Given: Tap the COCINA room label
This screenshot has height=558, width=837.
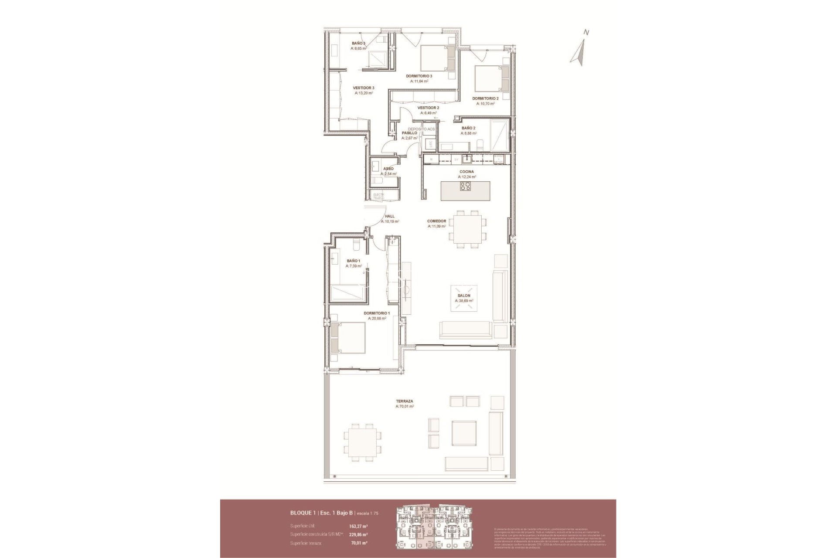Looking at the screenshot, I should pos(466,172).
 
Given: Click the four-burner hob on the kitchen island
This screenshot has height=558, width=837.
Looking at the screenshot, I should pos(465,187).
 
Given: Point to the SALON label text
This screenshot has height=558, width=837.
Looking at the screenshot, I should pos(464,296).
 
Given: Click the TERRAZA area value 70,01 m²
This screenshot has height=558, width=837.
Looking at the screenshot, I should pos(405,406).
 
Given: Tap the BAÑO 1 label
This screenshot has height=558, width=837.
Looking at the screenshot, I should pos(353,261).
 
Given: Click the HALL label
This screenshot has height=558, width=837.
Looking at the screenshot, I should pos(390,216).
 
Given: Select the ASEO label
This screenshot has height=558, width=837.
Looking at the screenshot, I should pos(388,169).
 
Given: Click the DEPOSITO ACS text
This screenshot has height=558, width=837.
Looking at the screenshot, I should pos(421,129).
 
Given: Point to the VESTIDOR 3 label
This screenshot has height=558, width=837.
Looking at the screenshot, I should pos(363,88).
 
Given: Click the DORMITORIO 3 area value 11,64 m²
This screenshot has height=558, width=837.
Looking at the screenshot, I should pos(419,81).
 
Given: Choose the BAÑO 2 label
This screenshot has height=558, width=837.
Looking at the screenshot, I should pos(468,128).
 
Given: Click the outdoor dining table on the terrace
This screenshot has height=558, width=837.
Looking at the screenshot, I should pos(362,448).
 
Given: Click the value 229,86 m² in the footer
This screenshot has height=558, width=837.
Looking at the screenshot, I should pos(358,534).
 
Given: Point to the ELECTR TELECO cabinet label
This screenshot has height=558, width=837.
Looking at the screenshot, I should pos(378,196).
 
